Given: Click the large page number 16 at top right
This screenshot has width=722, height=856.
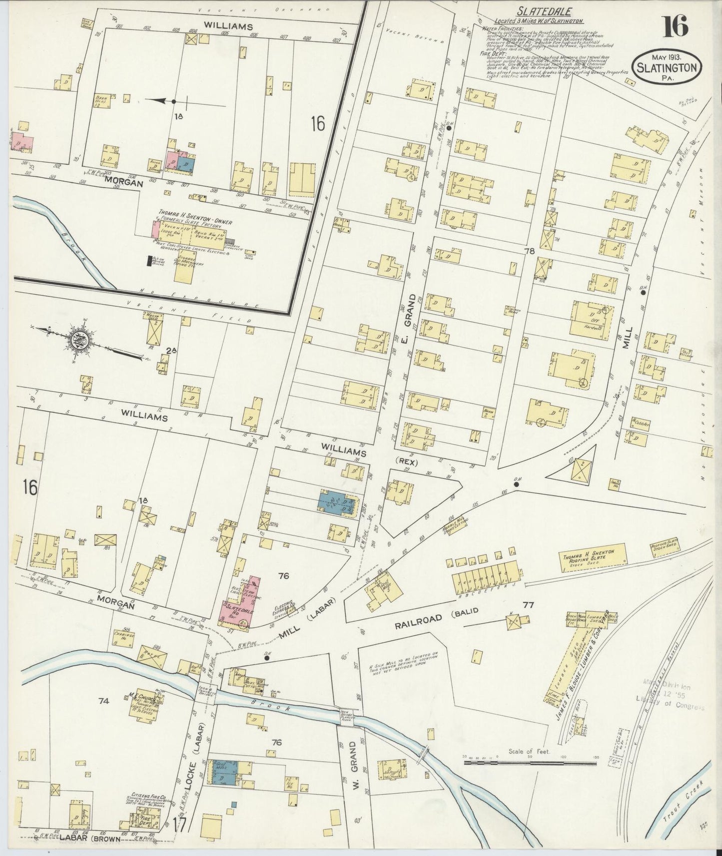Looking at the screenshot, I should click(x=676, y=26).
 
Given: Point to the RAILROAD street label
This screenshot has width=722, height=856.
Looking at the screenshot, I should click(x=419, y=619).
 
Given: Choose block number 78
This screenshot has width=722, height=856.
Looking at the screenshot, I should click(x=530, y=252).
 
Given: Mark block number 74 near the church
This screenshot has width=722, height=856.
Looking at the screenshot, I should click(x=104, y=702).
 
